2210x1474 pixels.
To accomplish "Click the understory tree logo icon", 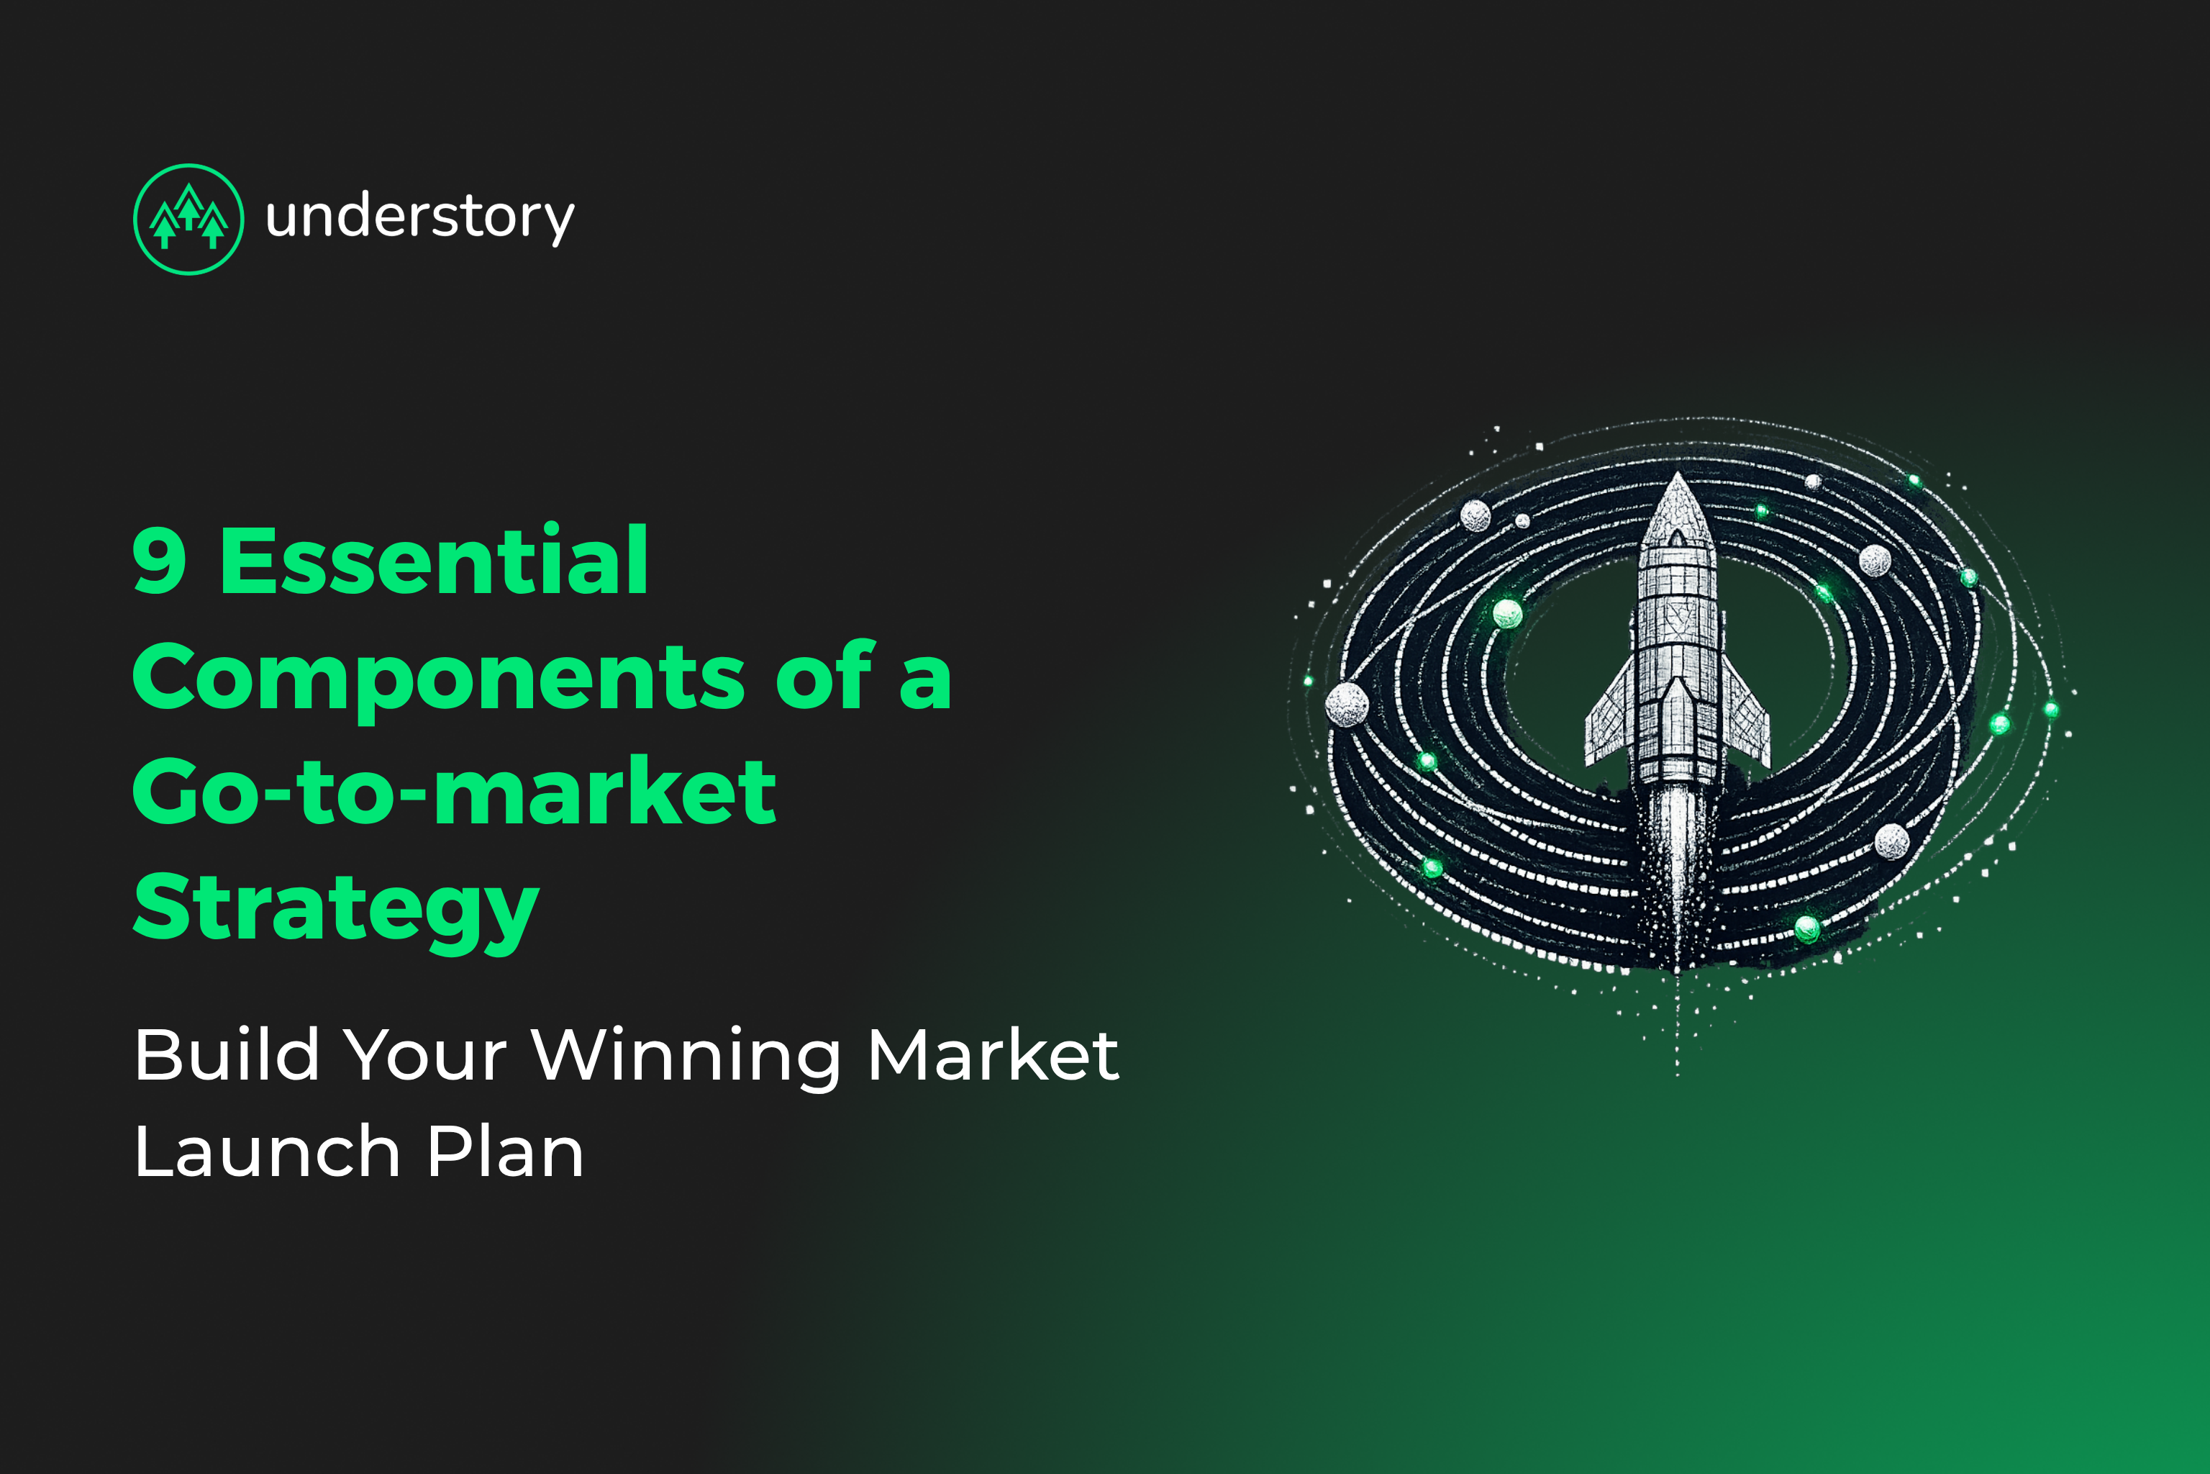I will [x=189, y=219].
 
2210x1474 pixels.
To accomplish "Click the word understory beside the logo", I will [x=419, y=218].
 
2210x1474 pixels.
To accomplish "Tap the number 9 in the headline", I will [x=160, y=561].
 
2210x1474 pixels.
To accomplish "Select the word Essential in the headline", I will [x=433, y=561].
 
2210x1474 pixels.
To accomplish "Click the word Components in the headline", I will [x=438, y=677].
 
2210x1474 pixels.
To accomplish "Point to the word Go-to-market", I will [x=454, y=792].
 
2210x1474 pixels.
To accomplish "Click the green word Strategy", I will [x=335, y=908].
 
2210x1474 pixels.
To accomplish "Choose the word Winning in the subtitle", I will [x=686, y=1054].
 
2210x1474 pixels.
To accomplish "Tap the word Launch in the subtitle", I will [x=268, y=1152].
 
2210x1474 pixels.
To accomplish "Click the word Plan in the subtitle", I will [x=504, y=1152].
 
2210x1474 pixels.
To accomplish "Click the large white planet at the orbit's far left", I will [x=1347, y=704].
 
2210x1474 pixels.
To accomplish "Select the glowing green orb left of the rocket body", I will [x=1507, y=614].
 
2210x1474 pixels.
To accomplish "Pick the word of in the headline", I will [x=824, y=677].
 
